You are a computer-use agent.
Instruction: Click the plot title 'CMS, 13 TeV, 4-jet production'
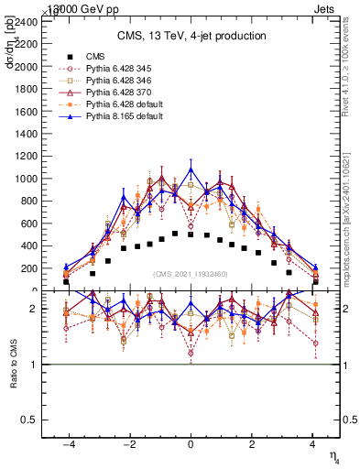(x=191, y=37)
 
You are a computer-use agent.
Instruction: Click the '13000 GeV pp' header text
(x=66, y=8)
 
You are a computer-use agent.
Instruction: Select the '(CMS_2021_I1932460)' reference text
(x=191, y=274)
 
